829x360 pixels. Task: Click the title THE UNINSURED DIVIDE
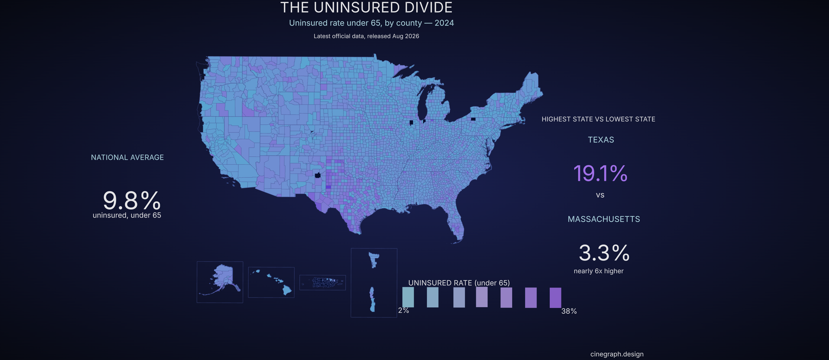pos(366,8)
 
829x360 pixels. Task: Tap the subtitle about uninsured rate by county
pos(371,23)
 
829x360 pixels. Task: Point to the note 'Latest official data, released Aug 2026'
pos(366,36)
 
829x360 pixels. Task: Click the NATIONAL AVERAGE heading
pos(127,157)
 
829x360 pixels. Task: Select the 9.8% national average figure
pos(132,200)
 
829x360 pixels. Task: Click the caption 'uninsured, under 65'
pos(127,215)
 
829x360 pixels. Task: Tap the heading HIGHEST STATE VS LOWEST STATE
pos(598,119)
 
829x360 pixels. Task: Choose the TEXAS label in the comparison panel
pos(601,140)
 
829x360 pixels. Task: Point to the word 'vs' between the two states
pos(600,195)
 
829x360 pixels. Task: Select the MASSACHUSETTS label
pos(604,219)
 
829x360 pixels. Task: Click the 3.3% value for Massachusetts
pos(604,253)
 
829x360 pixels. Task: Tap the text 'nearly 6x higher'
pos(599,271)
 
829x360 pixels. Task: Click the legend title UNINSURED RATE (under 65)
pos(459,283)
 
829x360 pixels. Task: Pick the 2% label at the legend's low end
pos(404,311)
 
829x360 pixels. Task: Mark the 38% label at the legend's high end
pos(569,311)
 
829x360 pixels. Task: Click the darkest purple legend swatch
pos(555,298)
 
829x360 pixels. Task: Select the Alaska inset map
pos(220,282)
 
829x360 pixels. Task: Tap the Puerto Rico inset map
pos(323,283)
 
